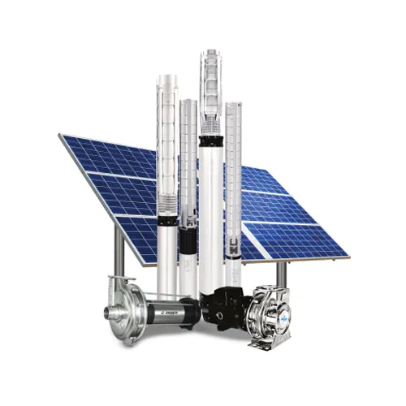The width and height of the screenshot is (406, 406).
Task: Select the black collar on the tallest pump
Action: (x=211, y=142)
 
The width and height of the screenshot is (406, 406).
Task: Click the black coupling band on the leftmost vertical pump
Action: (x=167, y=218)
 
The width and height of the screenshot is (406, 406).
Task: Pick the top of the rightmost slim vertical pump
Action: (x=233, y=106)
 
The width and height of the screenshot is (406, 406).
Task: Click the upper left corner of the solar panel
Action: (x=62, y=136)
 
